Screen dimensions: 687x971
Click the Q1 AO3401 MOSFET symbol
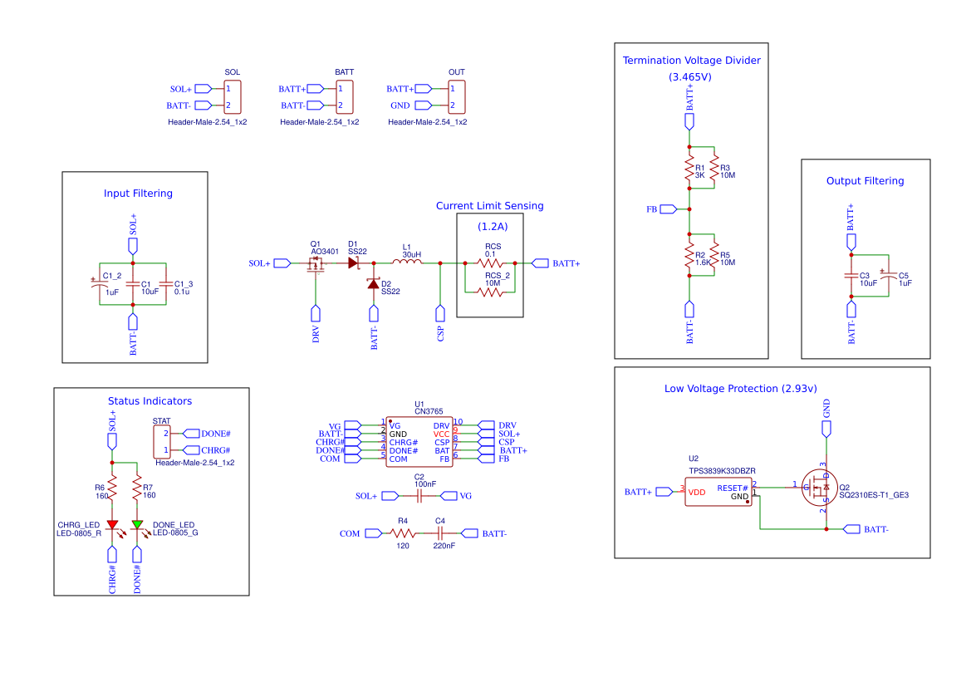(316, 265)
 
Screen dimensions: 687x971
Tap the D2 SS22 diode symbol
(373, 285)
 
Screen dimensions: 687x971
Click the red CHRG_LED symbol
(112, 525)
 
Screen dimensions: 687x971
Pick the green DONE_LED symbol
(137, 525)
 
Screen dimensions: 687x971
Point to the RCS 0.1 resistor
(490, 263)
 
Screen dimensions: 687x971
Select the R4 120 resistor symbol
(403, 533)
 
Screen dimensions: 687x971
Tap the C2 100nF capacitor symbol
(419, 496)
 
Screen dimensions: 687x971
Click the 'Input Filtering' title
(138, 194)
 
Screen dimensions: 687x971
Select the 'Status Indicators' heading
(150, 401)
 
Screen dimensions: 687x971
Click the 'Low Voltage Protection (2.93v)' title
(740, 389)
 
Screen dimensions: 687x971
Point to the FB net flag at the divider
(668, 209)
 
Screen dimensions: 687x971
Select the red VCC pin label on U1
(441, 434)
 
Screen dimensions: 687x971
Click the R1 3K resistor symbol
(689, 171)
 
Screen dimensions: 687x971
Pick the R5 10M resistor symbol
(714, 258)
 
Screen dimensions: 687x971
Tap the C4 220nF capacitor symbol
(440, 533)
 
